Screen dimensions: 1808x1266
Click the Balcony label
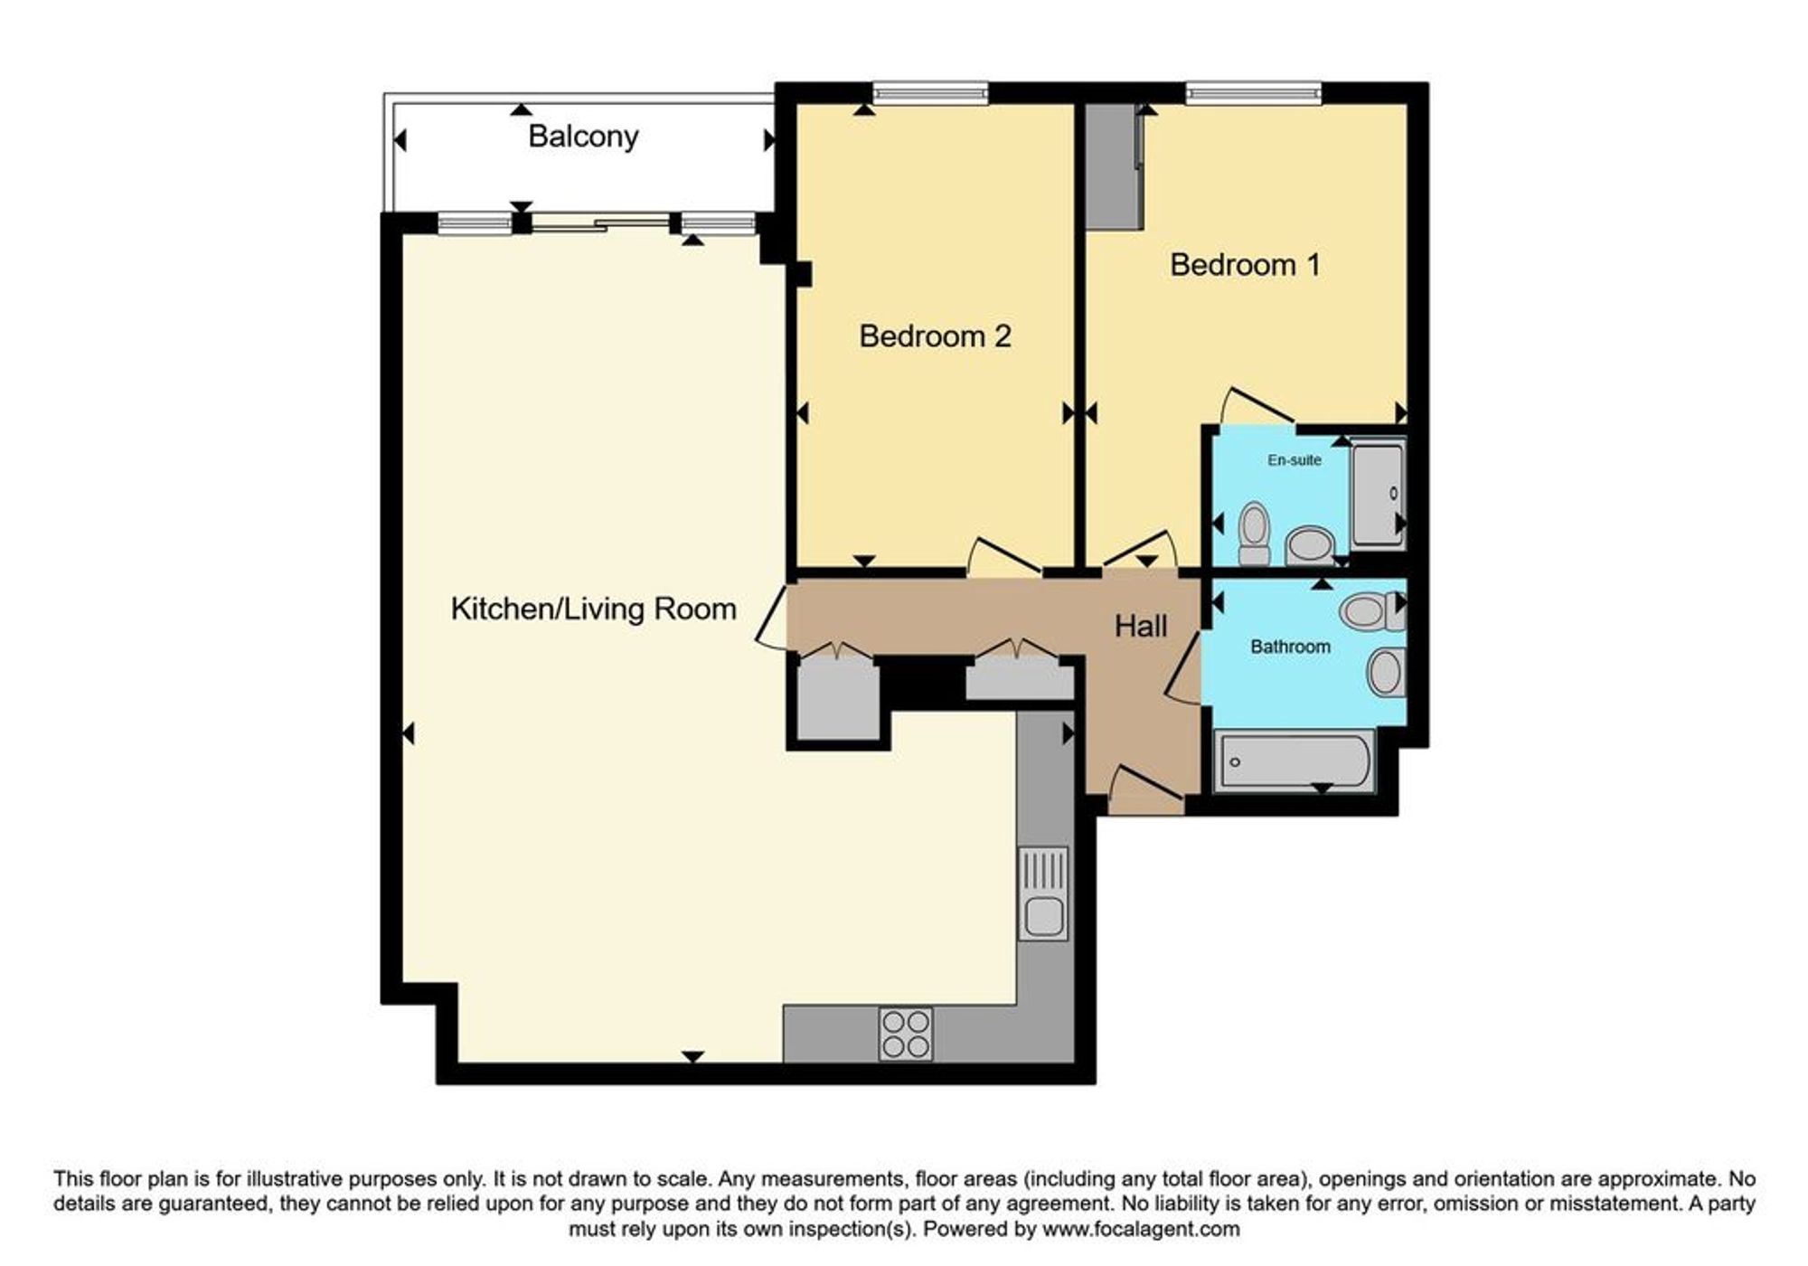tap(583, 137)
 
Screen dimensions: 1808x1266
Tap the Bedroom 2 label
tap(935, 336)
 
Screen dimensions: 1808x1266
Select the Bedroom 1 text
tap(1245, 265)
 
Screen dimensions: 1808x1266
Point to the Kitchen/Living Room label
tap(593, 609)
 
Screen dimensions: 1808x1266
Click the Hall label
tap(1140, 626)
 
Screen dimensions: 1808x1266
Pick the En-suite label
tap(1294, 460)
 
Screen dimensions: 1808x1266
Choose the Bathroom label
tap(1290, 647)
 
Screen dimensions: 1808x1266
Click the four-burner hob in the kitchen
tap(906, 1034)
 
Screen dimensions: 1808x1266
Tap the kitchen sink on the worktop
tap(1043, 893)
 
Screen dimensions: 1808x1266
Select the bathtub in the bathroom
tap(1294, 761)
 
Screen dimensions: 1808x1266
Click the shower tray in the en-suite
tap(1378, 495)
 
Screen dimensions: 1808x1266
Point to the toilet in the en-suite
tap(1254, 534)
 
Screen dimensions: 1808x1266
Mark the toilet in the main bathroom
tap(1372, 611)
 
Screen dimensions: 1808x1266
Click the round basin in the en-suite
tap(1309, 546)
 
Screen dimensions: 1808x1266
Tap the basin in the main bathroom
tap(1386, 672)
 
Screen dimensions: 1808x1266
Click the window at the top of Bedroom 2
tap(930, 92)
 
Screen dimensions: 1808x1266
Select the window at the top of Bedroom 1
tap(1253, 92)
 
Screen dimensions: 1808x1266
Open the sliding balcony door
tap(600, 222)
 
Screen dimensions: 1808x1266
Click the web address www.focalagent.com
tap(1140, 1229)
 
